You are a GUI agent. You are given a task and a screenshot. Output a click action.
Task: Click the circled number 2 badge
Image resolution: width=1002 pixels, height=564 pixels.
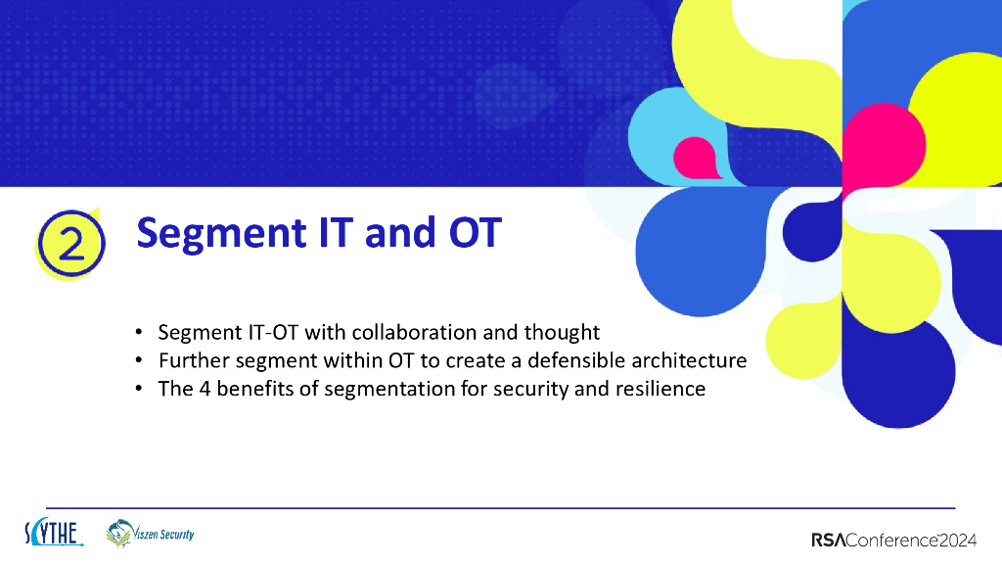[69, 243]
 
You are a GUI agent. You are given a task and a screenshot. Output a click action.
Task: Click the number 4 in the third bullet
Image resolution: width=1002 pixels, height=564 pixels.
[202, 389]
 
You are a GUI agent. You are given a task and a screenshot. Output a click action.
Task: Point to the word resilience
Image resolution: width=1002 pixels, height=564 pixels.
[660, 389]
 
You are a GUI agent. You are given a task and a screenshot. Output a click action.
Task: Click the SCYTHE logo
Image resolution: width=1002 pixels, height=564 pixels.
[53, 534]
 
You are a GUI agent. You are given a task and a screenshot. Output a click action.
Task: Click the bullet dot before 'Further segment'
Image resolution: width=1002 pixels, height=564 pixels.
[140, 361]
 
